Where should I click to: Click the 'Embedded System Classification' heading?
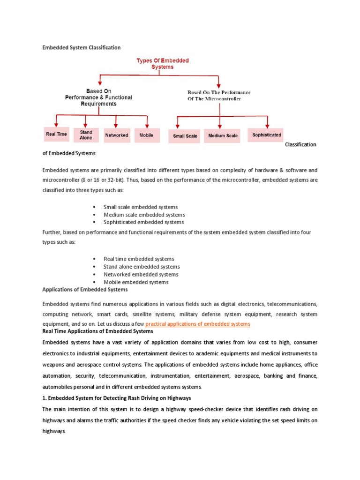82,47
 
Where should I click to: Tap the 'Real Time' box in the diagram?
56,135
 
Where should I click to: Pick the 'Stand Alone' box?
86,135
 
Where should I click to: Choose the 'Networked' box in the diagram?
117,135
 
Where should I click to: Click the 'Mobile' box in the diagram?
147,135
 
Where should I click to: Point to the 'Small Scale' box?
185,136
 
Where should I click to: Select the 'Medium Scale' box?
223,136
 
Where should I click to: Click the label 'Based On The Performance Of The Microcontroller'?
219,96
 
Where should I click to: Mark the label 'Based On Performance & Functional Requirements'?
98,97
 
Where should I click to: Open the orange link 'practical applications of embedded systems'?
198,324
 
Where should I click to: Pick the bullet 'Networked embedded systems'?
141,274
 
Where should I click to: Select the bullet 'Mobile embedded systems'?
135,282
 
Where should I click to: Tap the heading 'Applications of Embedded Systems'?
85,290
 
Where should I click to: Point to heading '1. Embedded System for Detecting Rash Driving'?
117,398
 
